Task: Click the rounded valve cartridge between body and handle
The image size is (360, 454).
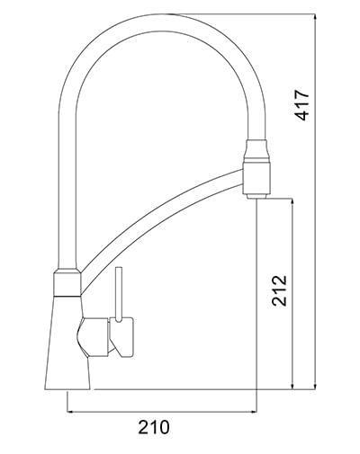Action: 90,336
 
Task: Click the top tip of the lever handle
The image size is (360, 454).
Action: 116,269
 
